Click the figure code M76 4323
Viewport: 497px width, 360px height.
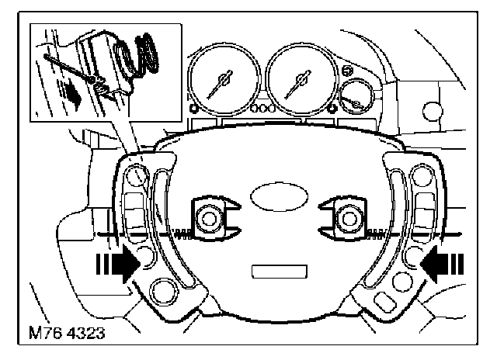(67, 333)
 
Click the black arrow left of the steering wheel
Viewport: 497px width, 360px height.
(118, 264)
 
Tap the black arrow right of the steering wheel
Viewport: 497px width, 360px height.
(442, 264)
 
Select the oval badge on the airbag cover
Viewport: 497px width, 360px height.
(279, 196)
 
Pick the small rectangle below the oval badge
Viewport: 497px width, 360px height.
(280, 272)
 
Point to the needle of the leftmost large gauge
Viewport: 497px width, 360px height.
(220, 85)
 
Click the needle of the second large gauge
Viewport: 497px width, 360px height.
(298, 84)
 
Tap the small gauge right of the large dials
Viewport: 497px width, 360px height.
(356, 96)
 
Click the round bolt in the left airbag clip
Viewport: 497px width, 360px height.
(208, 219)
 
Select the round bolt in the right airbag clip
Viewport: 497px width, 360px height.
(349, 219)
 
